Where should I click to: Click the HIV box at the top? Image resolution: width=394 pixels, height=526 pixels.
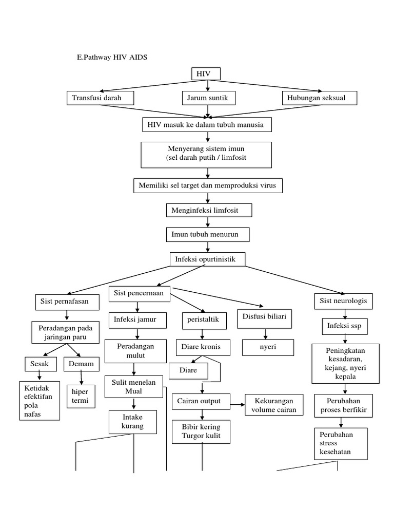206,74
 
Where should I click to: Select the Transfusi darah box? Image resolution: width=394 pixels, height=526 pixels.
100,97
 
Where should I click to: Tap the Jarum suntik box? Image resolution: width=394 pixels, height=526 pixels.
208,97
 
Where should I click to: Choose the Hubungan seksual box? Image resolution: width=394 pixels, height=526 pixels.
319,97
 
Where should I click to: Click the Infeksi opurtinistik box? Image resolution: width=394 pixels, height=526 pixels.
207,259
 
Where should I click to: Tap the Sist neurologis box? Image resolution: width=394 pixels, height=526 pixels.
343,300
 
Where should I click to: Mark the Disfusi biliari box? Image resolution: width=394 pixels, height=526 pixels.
265,319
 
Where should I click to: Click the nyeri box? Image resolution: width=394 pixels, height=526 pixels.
268,347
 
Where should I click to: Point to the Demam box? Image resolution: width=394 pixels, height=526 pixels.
81,364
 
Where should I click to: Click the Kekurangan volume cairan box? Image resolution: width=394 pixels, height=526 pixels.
274,405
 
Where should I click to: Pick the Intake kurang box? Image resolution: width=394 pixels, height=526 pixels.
133,421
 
